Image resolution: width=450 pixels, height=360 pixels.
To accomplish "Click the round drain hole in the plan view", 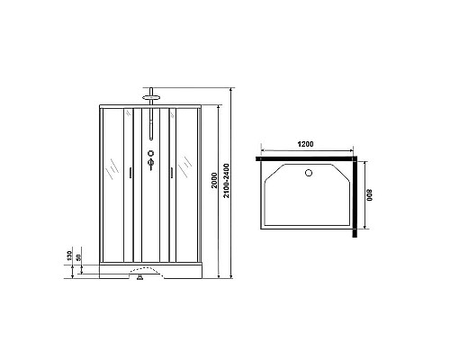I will coord(309,174).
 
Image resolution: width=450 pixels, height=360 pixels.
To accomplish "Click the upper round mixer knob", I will coord(150,154).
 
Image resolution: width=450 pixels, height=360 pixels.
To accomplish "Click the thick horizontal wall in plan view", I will coord(306,158).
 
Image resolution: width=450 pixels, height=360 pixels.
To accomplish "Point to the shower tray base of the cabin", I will coord(150,266).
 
